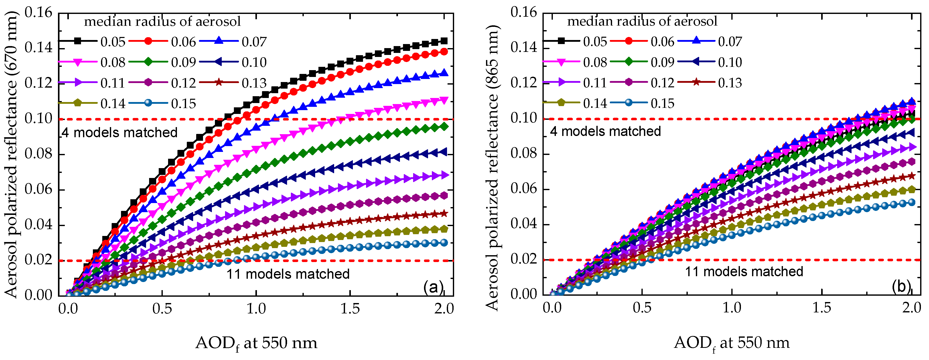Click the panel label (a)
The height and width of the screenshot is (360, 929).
point(433,288)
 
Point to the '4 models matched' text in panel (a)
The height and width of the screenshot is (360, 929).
point(119,132)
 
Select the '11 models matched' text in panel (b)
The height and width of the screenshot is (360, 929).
point(744,271)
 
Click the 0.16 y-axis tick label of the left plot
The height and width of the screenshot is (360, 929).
point(38,13)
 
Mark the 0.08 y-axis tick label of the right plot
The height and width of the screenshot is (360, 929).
point(524,153)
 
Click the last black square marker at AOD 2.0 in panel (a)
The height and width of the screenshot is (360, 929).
point(444,41)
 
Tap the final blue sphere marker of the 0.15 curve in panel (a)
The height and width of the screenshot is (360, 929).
point(444,242)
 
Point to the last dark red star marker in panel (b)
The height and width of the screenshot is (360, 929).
point(911,176)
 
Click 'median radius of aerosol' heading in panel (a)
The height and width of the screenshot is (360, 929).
point(162,22)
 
